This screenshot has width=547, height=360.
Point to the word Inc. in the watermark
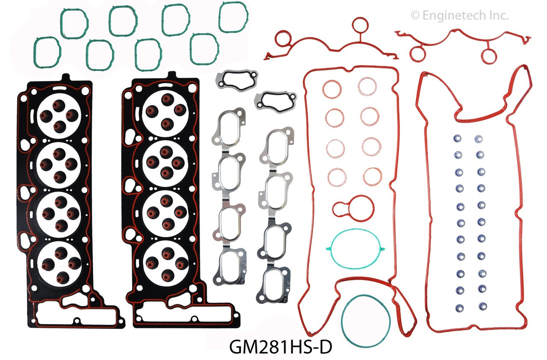click(x=497, y=16)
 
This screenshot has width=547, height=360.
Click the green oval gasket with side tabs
click(x=353, y=250)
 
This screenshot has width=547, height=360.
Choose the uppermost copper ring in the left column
click(x=332, y=89)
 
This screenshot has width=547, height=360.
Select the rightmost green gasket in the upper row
click(x=233, y=17)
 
